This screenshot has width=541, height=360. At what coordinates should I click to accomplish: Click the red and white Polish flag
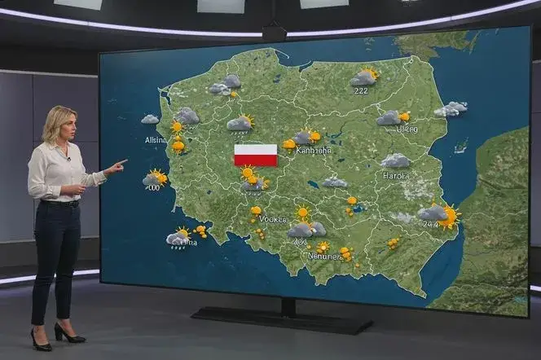coord(255,155)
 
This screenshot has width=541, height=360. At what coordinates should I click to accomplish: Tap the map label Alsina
coord(156,140)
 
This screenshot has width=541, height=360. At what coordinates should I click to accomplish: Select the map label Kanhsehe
coord(314,150)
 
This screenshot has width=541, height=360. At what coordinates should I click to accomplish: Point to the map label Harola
coord(396,175)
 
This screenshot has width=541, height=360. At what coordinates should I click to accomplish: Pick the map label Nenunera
coord(323,256)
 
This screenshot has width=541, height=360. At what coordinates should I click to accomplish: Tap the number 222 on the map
coord(361,90)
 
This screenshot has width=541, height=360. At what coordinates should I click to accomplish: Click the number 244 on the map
coord(429,225)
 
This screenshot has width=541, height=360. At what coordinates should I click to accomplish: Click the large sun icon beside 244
coord(448,216)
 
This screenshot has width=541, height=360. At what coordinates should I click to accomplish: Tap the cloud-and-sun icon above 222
coord(364,77)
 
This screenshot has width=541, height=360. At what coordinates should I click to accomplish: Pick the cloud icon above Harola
coord(395,161)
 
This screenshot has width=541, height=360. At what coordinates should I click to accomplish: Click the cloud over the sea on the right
coord(451,108)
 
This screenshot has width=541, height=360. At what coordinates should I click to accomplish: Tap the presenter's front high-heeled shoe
coord(40,340)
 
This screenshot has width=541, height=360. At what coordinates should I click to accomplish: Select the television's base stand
coord(281,318)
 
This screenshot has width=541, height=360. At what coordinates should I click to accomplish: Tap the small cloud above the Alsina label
coord(150,119)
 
